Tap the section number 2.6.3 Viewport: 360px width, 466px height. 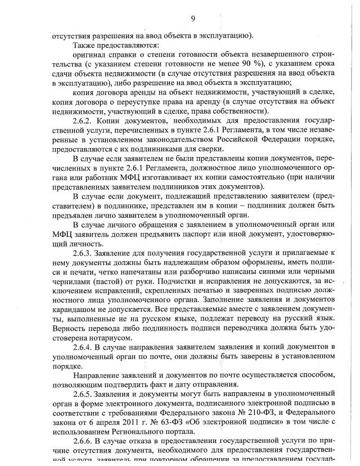pyautogui.click(x=83, y=253)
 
